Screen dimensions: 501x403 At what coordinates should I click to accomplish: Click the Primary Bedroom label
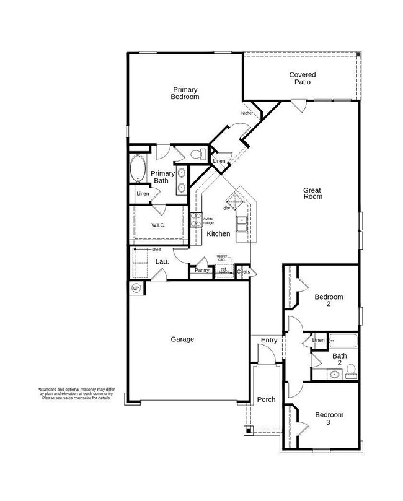(x=185, y=94)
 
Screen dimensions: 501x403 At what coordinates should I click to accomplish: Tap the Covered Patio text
(x=299, y=79)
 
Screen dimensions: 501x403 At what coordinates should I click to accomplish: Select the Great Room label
(x=312, y=193)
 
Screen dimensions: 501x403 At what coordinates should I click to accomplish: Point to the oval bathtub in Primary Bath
(x=137, y=169)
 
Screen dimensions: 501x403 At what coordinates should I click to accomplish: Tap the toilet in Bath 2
(x=350, y=371)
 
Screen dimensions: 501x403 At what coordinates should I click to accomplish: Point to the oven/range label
(x=208, y=220)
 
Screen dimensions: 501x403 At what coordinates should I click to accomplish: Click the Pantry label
(x=201, y=270)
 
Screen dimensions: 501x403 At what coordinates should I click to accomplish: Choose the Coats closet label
(x=243, y=271)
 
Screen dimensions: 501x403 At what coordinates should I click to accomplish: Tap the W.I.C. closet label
(x=157, y=225)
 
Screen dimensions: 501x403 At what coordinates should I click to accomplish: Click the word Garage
(x=183, y=339)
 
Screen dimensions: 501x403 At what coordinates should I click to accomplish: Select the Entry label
(x=269, y=340)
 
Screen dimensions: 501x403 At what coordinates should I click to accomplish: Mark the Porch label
(x=266, y=399)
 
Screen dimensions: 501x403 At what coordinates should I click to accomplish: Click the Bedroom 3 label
(x=328, y=419)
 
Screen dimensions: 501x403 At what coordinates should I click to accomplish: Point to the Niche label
(x=246, y=113)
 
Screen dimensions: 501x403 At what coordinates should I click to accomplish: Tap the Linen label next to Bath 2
(x=318, y=340)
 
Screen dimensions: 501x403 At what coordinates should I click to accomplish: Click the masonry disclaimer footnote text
(x=76, y=393)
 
